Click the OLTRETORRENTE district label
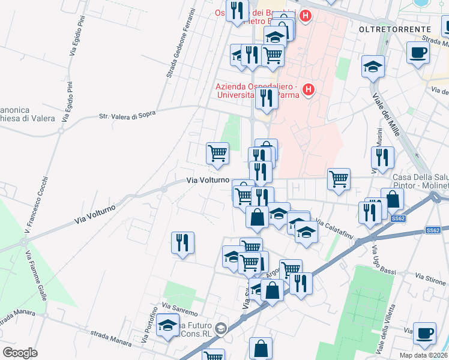[394, 29]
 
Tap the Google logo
[20, 352]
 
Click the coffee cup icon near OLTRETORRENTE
[418, 52]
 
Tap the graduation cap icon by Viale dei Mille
[373, 66]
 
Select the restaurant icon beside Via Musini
[382, 158]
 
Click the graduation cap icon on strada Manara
[167, 326]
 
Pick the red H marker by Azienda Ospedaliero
[309, 90]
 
